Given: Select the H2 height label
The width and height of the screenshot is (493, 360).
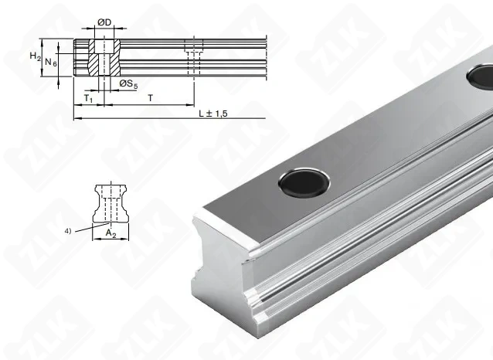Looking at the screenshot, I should pos(34,57).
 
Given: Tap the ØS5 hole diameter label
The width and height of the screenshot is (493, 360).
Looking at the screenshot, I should pos(128,84).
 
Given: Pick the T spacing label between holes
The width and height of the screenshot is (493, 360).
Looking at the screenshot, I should pos(148,98).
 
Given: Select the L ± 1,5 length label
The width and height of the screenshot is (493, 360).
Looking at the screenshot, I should pos(211,113).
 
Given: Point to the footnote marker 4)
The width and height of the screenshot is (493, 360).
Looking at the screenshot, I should pos(69,229).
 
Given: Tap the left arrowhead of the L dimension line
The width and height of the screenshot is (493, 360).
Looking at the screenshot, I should pos(76,118).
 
